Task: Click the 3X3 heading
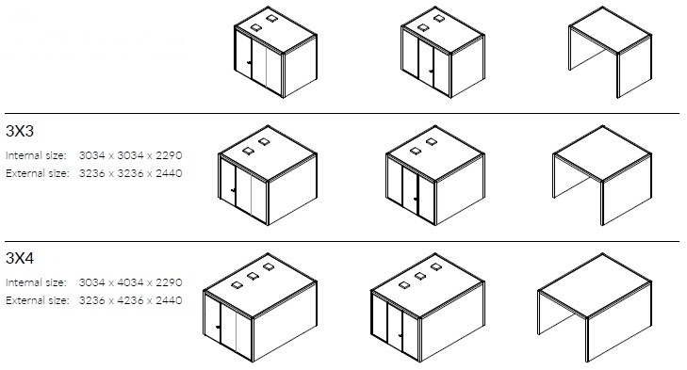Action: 20,131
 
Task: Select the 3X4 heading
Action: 20,258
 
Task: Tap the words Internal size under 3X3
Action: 36,155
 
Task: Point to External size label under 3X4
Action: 38,300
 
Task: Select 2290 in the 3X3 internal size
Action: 169,155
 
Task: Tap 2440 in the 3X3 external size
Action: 169,173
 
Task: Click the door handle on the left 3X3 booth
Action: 233,190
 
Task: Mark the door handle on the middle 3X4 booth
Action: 400,336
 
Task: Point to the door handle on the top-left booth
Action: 249,63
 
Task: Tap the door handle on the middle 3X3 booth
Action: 416,200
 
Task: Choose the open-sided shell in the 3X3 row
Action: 602,176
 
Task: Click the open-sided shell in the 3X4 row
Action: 595,307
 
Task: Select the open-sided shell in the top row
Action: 611,52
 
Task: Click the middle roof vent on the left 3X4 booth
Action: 253,276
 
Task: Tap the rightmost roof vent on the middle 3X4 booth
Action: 436,266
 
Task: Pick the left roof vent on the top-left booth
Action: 256,27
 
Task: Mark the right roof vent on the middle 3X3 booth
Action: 432,142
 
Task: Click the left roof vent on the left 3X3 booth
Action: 248,151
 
